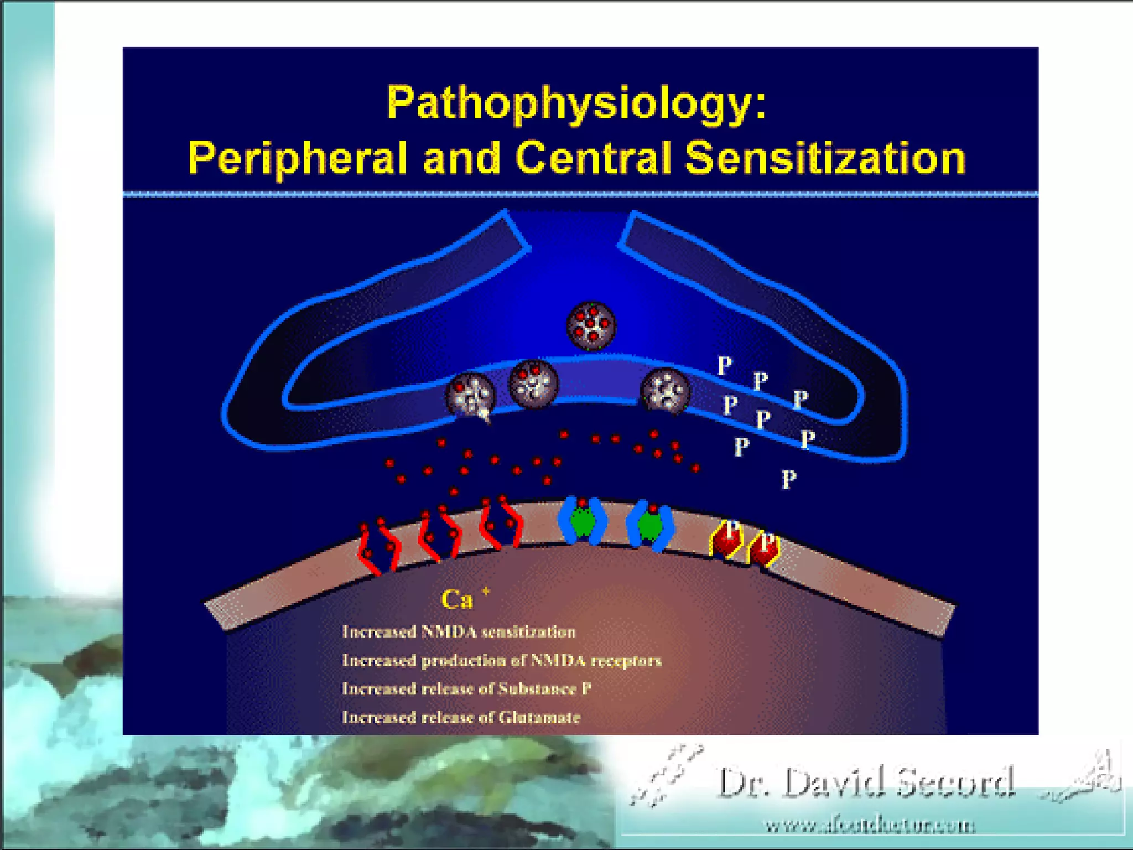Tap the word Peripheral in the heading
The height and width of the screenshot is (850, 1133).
298,158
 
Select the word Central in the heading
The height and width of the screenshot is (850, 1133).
593,158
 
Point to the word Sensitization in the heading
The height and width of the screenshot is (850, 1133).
825,158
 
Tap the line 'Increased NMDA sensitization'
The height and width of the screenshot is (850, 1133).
459,632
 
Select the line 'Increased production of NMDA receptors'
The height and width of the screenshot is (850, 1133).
502,661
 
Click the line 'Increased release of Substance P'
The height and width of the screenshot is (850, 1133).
466,689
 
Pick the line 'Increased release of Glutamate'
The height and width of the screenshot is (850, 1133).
461,718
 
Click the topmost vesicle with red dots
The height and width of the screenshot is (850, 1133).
591,325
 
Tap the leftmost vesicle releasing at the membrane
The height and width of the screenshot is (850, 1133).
470,394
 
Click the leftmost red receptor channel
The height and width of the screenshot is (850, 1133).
378,548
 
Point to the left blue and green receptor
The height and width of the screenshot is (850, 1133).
582,520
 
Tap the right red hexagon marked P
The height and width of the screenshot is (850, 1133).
764,548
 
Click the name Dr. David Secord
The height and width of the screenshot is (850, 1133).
866,782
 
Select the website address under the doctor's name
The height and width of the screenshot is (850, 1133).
869,826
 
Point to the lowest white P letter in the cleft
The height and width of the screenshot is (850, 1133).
789,479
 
